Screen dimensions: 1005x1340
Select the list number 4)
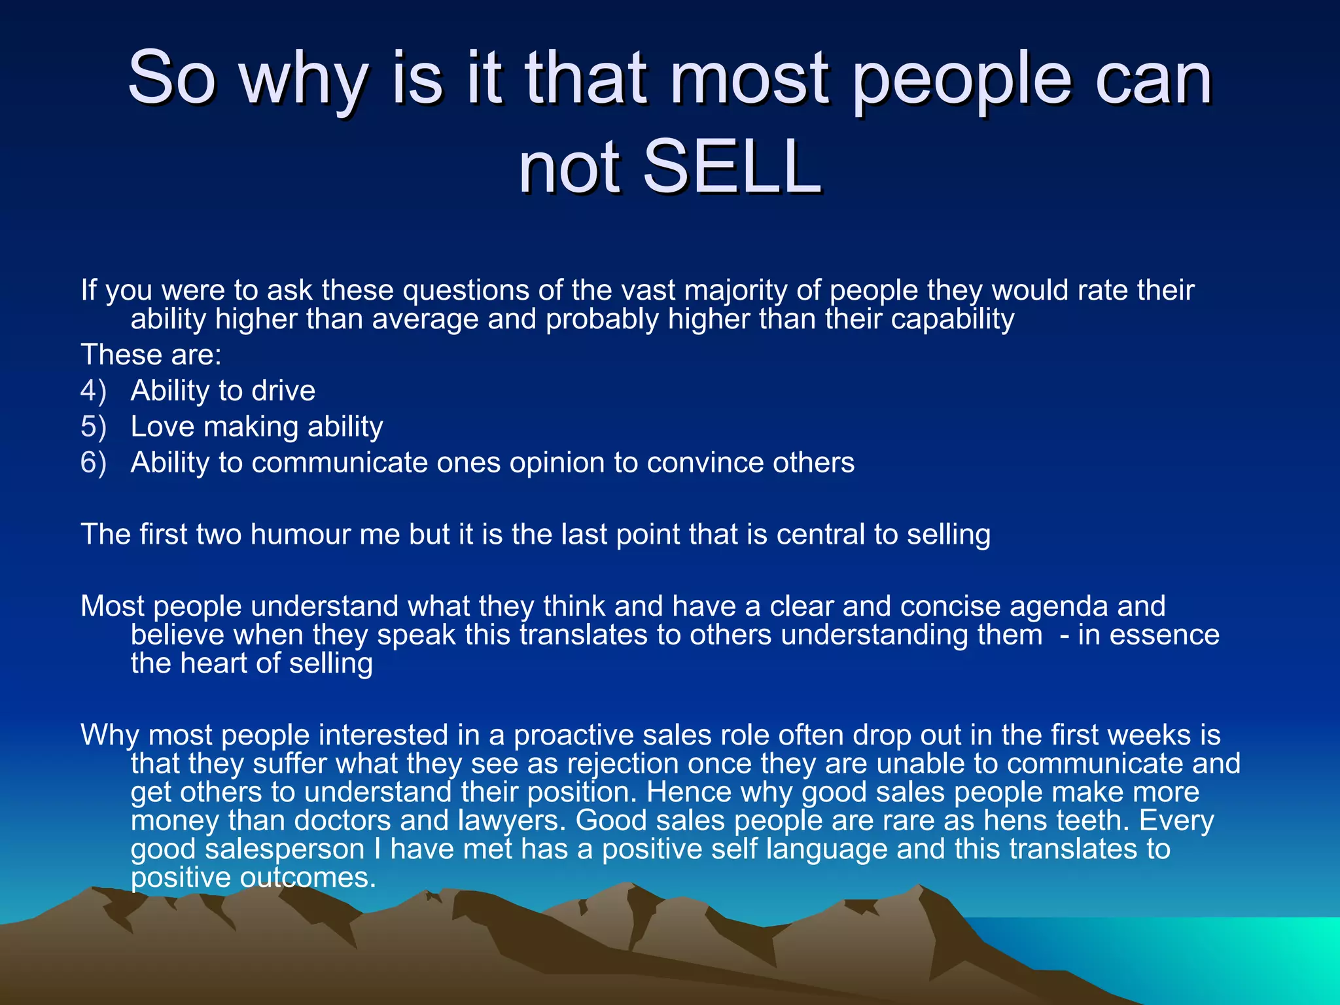pyautogui.click(x=94, y=391)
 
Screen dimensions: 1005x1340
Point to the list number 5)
pyautogui.click(x=94, y=427)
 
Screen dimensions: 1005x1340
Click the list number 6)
pyautogui.click(x=94, y=463)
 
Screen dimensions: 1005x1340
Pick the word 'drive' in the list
pyautogui.click(x=283, y=391)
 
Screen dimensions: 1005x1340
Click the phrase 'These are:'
pyautogui.click(x=151, y=355)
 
